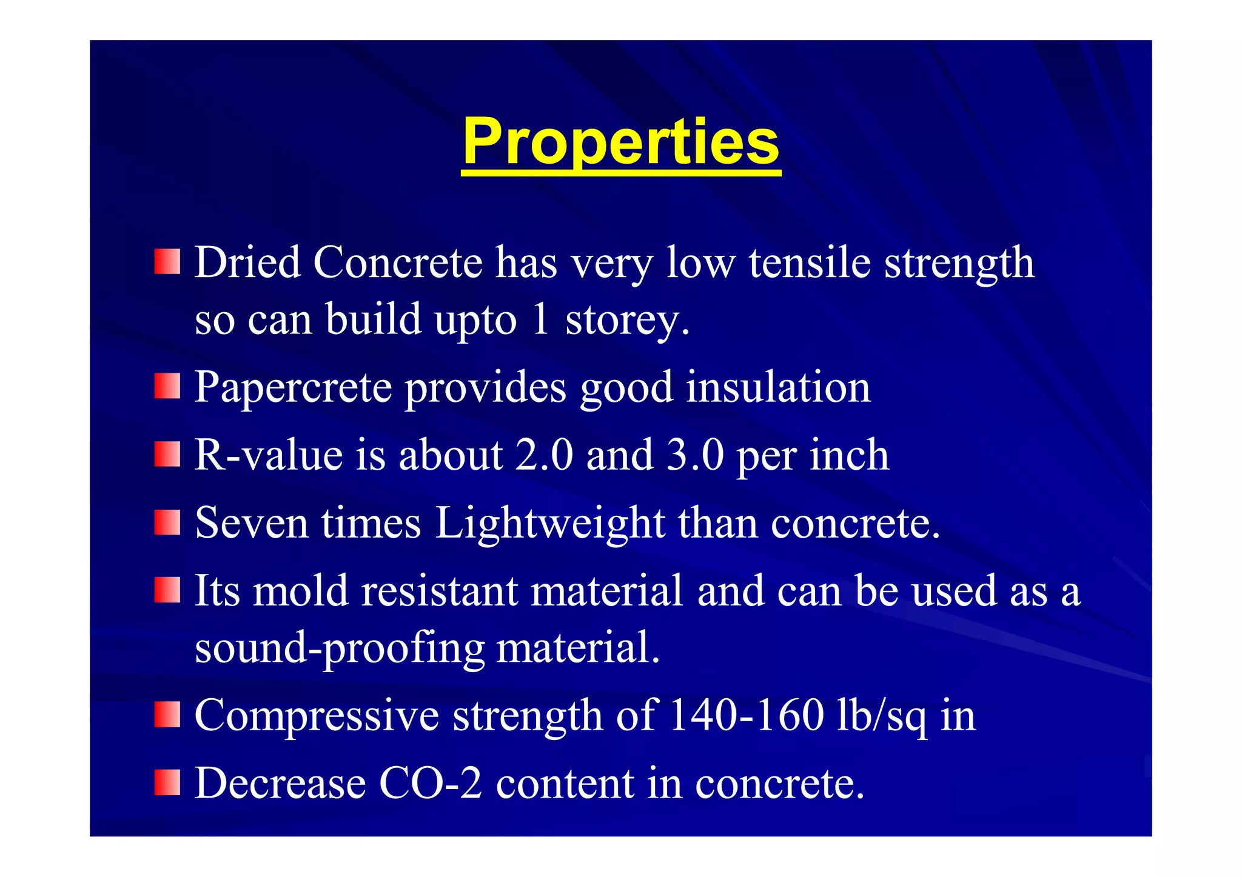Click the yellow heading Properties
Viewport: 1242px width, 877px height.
pyautogui.click(x=620, y=143)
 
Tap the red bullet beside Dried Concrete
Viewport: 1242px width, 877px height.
pyautogui.click(x=167, y=261)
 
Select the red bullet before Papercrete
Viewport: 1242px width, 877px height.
pyautogui.click(x=167, y=386)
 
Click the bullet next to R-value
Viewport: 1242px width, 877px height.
pyautogui.click(x=167, y=454)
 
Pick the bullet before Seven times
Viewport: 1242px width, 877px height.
pyautogui.click(x=167, y=522)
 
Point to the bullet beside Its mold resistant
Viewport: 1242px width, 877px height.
pyautogui.click(x=167, y=590)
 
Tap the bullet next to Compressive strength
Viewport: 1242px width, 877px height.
pyautogui.click(x=167, y=715)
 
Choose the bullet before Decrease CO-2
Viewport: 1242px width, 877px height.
pyautogui.click(x=167, y=782)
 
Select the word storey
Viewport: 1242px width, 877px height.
pyautogui.click(x=627, y=319)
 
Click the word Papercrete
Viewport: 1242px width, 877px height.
pyautogui.click(x=293, y=387)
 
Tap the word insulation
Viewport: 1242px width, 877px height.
pyautogui.click(x=778, y=387)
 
